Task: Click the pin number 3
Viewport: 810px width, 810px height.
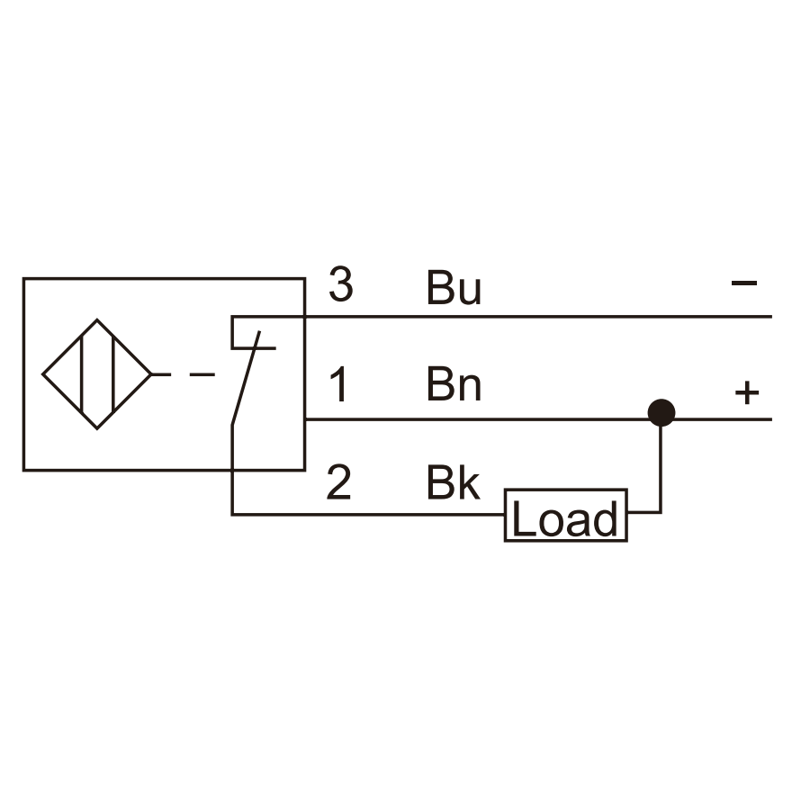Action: click(x=340, y=284)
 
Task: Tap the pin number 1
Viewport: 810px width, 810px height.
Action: click(x=338, y=384)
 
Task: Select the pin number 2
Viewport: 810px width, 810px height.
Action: click(x=339, y=482)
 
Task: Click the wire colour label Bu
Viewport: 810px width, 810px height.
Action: click(x=454, y=288)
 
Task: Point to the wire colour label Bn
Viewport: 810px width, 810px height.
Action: click(x=454, y=384)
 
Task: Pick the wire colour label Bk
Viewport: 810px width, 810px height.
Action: click(x=453, y=482)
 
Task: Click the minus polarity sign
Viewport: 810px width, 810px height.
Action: click(x=744, y=283)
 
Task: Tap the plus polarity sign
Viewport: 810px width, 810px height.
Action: click(x=747, y=393)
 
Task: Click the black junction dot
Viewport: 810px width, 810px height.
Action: click(x=661, y=413)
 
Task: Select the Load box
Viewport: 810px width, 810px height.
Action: click(x=566, y=515)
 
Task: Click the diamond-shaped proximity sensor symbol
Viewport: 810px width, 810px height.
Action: click(x=96, y=374)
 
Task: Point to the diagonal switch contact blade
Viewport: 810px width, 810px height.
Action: click(x=246, y=379)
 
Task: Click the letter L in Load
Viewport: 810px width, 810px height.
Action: click(x=524, y=518)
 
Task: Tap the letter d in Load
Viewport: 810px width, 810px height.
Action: click(x=605, y=518)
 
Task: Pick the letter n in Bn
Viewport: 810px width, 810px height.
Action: click(x=470, y=389)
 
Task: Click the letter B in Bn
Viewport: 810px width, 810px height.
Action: click(x=439, y=384)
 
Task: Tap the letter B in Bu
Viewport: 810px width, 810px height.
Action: click(x=439, y=287)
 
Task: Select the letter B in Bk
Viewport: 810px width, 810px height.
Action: click(x=439, y=482)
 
